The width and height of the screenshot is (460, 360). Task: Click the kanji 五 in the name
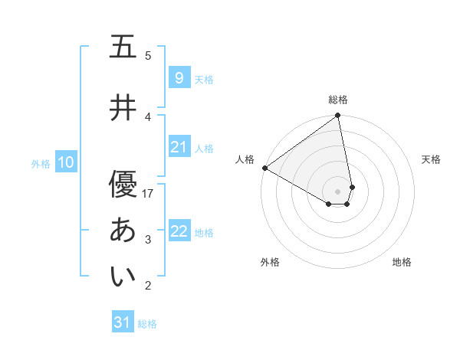pyautogui.click(x=122, y=47)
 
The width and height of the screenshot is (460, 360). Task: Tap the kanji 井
pyautogui.click(x=122, y=107)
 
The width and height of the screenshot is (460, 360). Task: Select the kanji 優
pyautogui.click(x=122, y=184)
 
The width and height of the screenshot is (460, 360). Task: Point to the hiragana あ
pyautogui.click(x=122, y=231)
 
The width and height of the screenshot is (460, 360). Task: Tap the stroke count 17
pyautogui.click(x=149, y=194)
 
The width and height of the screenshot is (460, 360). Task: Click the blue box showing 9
pyautogui.click(x=179, y=77)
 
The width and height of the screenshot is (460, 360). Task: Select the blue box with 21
pyautogui.click(x=179, y=147)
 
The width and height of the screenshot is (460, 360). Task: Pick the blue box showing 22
pyautogui.click(x=179, y=231)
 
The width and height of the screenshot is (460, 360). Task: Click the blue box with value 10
pyautogui.click(x=65, y=162)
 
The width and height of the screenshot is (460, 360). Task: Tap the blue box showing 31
pyautogui.click(x=122, y=322)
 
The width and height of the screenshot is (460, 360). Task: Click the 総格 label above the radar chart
pyautogui.click(x=338, y=100)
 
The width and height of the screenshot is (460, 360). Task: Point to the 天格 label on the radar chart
pyautogui.click(x=432, y=159)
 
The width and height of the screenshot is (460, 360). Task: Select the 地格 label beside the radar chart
pyautogui.click(x=402, y=262)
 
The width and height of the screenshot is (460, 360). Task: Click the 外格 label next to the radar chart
pyautogui.click(x=270, y=262)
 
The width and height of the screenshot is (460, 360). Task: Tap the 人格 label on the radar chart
pyautogui.click(x=245, y=159)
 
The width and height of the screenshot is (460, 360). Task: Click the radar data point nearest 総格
pyautogui.click(x=338, y=116)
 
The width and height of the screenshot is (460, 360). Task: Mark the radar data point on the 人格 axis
pyautogui.click(x=264, y=168)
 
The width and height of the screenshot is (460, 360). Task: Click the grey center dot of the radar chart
pyautogui.click(x=338, y=191)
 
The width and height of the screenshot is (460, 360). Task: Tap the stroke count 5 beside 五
pyautogui.click(x=149, y=55)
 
